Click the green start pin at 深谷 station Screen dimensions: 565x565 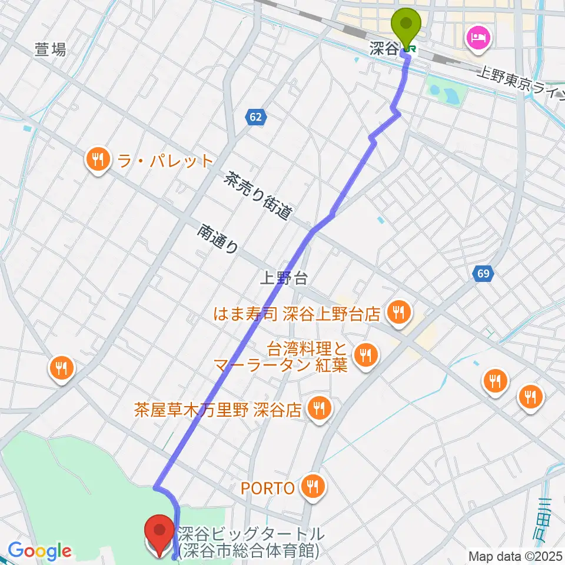pyautogui.click(x=407, y=25)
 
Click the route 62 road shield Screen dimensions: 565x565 pyautogui.click(x=255, y=117)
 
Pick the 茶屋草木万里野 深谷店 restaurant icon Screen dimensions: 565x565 pyautogui.click(x=320, y=407)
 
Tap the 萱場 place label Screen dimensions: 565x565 pyautogui.click(x=50, y=50)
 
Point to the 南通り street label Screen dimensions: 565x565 pyautogui.click(x=218, y=238)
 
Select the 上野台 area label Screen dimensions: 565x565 pyautogui.click(x=284, y=277)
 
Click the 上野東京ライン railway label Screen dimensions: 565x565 pyautogui.click(x=521, y=83)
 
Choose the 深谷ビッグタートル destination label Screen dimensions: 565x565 pyautogui.click(x=250, y=542)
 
